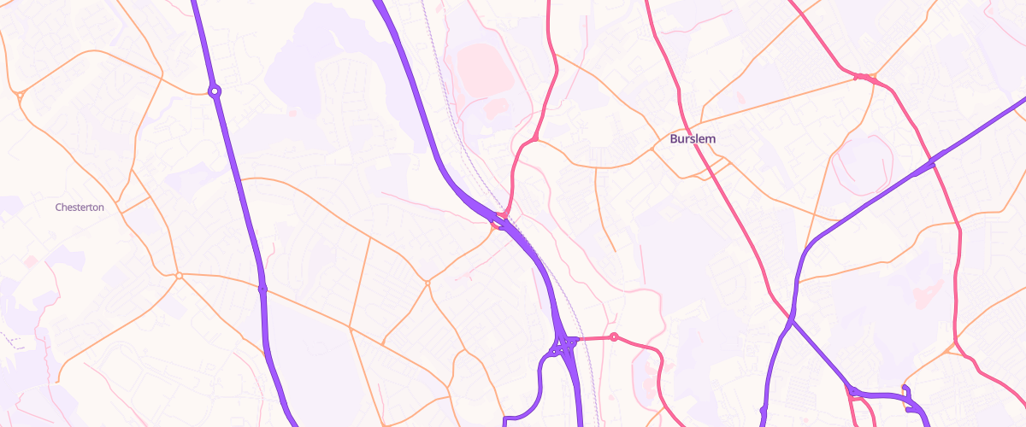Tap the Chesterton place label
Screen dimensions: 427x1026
coord(80,207)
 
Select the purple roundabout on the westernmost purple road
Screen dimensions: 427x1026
coord(215,90)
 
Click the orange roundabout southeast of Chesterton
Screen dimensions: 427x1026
coord(179,275)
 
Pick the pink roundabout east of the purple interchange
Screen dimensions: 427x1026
coord(614,336)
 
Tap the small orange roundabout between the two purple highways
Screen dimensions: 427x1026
coord(427,282)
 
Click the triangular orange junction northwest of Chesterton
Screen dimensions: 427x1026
coord(19,93)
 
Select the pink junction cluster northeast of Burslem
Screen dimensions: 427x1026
coord(865,78)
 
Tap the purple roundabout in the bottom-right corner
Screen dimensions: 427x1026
coord(853,391)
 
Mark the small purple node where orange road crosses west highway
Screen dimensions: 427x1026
coord(262,290)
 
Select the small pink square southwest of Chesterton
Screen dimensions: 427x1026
coord(31,260)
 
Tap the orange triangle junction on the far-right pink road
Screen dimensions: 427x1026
coord(951,349)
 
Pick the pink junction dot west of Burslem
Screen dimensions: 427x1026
coord(535,137)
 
